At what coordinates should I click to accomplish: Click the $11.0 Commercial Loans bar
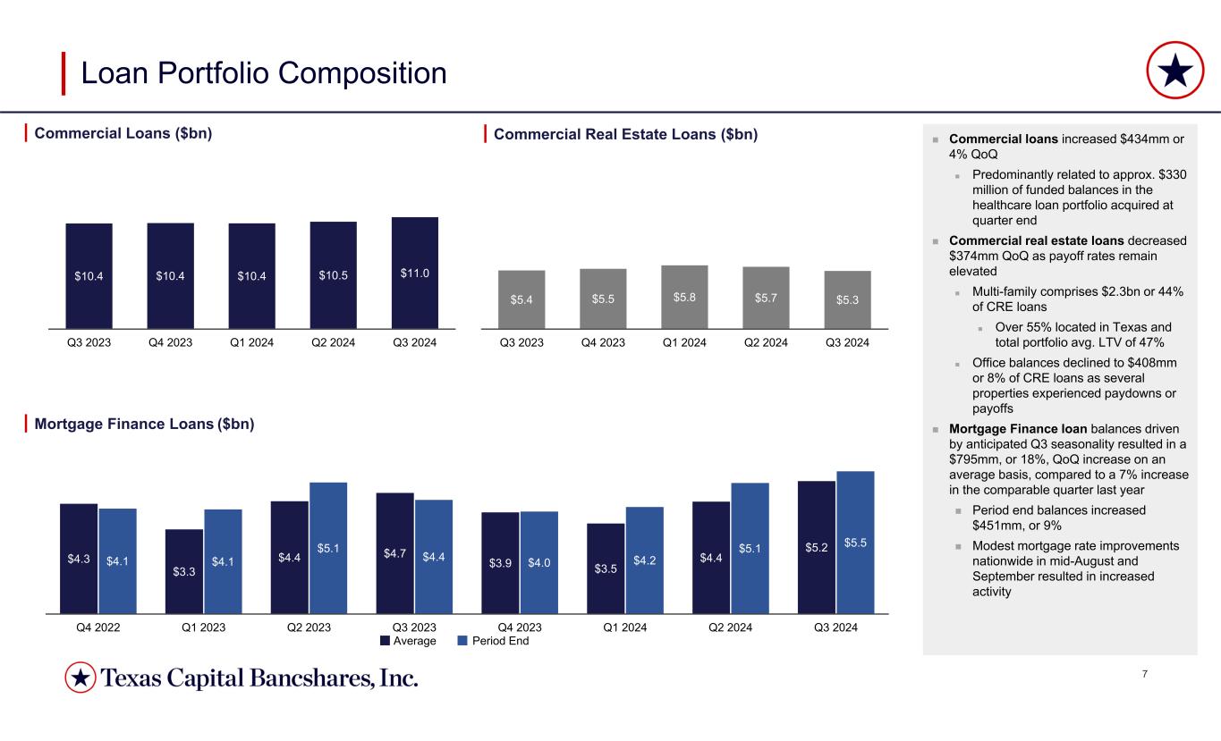414,273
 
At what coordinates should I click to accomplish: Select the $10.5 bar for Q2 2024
333,275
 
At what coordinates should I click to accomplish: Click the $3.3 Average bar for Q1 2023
183,571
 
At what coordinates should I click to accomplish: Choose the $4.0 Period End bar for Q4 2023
538,562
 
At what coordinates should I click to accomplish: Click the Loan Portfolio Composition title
264,73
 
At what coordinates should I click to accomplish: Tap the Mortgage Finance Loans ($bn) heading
145,425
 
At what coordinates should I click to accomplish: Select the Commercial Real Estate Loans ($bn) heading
625,135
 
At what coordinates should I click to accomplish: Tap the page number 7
1146,672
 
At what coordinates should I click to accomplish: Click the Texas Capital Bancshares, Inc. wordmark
259,679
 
